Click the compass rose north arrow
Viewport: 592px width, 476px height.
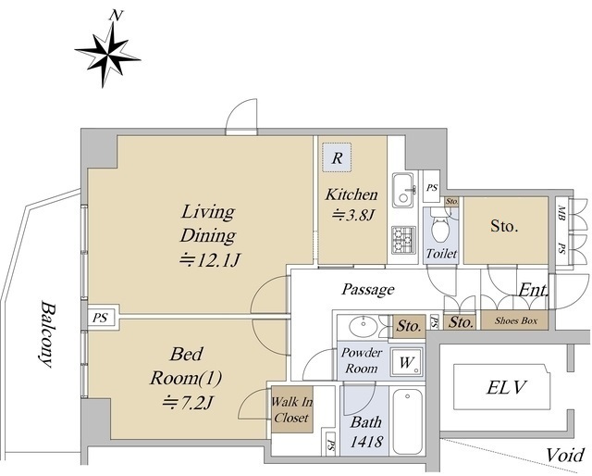tap(107, 55)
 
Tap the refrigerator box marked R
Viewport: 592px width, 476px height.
tap(337, 157)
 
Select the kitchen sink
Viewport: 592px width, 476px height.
tap(404, 190)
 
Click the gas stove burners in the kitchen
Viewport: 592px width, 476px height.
tap(403, 240)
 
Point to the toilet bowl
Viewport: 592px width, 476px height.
tap(440, 226)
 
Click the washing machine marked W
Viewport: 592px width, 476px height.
tap(407, 362)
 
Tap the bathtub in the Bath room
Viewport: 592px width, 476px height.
tap(407, 421)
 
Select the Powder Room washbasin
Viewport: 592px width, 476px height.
tap(364, 326)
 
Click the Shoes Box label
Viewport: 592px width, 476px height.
tap(516, 320)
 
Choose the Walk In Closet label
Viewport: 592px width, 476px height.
tap(292, 409)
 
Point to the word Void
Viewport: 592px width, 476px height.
tap(565, 455)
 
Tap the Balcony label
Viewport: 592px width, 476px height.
tap(47, 333)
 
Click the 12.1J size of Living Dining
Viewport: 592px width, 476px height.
tap(210, 260)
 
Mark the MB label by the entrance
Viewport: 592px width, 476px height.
tap(561, 211)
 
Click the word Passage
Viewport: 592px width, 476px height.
tap(368, 290)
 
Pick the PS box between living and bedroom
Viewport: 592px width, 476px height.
tap(100, 318)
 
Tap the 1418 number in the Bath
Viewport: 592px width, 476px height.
tap(366, 441)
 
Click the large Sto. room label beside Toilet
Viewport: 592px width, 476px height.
tap(504, 226)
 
